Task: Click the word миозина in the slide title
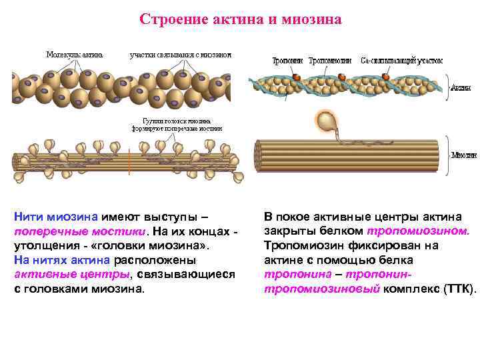[x=314, y=19]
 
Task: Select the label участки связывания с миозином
[x=180, y=54]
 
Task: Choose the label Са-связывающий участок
[x=401, y=60]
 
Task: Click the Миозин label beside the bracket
[x=463, y=155]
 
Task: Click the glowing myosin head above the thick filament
[x=327, y=122]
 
